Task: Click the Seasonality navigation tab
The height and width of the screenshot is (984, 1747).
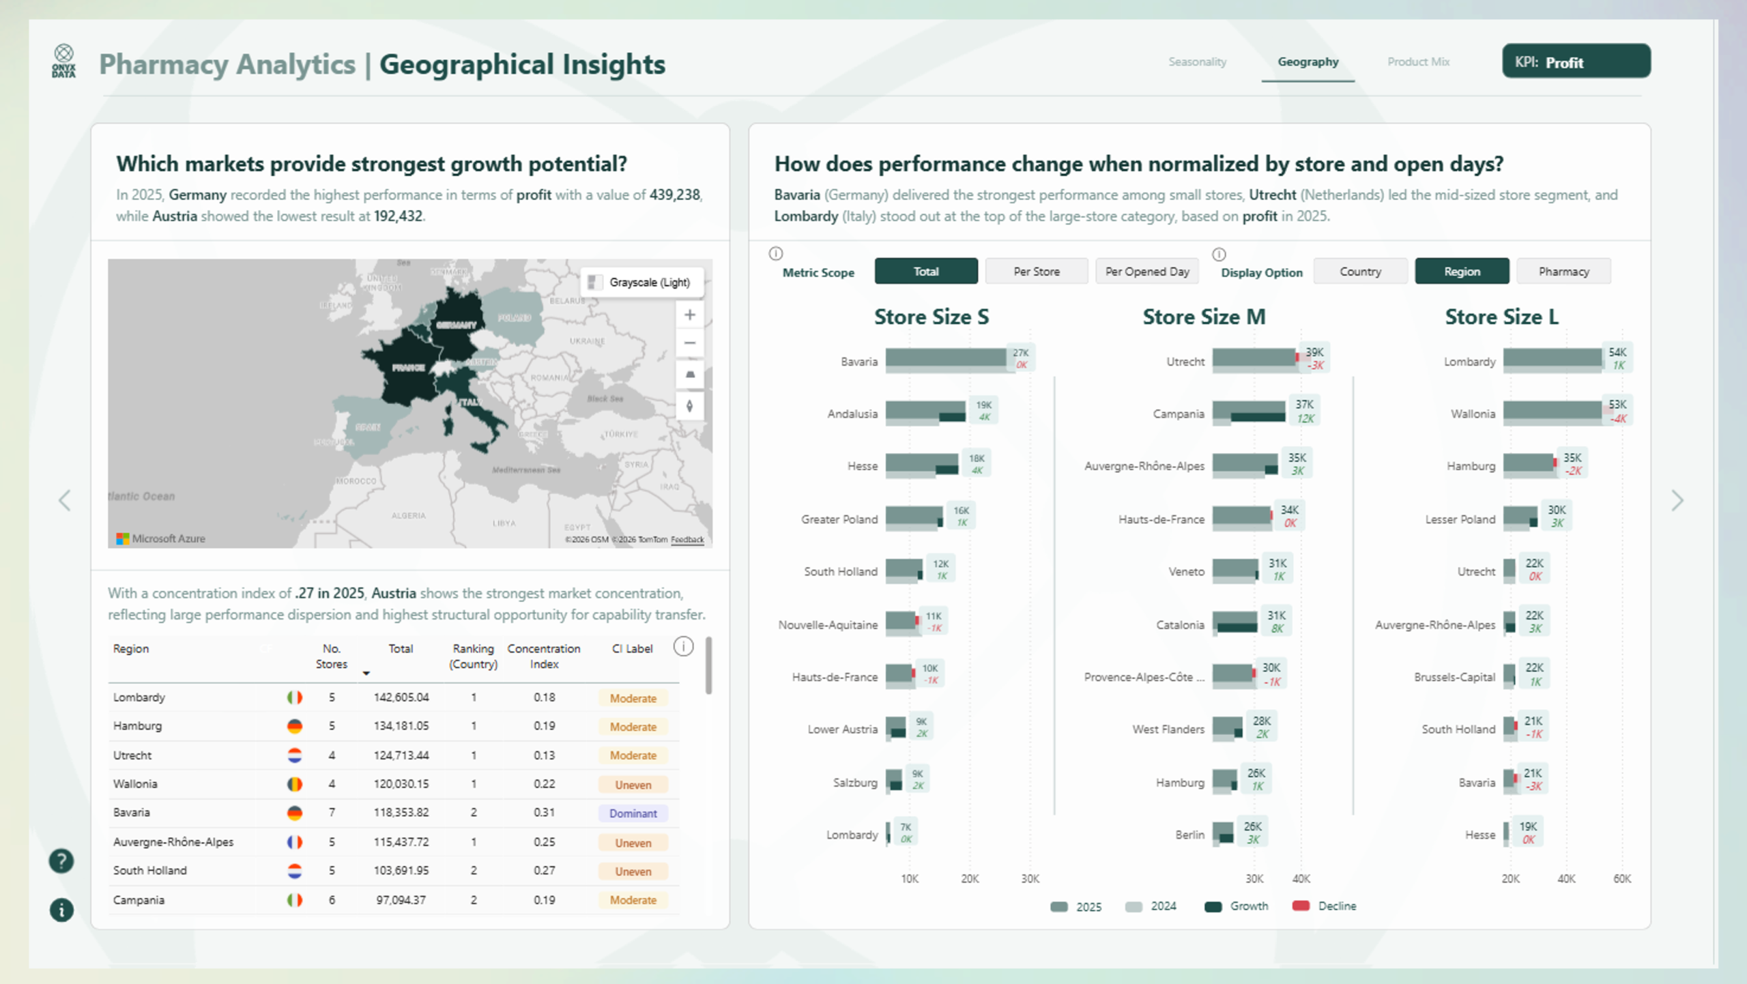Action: tap(1197, 62)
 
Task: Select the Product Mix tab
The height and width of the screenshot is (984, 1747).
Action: tap(1418, 62)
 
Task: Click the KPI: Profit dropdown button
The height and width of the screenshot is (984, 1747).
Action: tap(1575, 62)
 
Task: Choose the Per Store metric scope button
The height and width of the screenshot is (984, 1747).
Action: tap(1036, 272)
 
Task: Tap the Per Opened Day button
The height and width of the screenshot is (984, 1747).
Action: tap(1146, 272)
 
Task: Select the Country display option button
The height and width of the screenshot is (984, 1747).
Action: tap(1359, 272)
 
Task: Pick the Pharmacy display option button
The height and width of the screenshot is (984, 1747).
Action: tap(1563, 272)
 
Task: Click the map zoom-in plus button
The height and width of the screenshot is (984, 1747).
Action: tap(690, 315)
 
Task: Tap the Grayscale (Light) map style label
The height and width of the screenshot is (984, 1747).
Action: tap(649, 283)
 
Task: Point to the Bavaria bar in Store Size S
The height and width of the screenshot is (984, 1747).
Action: tap(945, 358)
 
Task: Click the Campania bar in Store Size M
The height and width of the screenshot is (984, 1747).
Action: tap(1248, 410)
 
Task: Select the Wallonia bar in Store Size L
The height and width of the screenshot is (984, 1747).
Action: tap(1552, 410)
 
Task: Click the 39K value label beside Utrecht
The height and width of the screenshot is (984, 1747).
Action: tap(1314, 352)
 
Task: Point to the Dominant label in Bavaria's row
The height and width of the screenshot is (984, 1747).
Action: tap(633, 813)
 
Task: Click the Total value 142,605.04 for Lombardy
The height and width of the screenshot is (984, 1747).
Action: tap(401, 697)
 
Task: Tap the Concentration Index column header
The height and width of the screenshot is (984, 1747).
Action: tap(543, 656)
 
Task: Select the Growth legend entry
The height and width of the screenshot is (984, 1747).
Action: tap(1248, 906)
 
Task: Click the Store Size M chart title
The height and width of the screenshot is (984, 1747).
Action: tap(1204, 317)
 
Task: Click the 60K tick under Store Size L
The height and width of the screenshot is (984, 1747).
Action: tap(1621, 879)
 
